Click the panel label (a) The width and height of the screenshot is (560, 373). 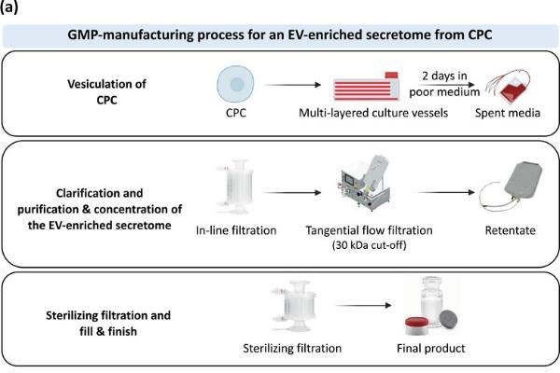pos(8,7)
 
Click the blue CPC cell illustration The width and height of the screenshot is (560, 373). pos(236,84)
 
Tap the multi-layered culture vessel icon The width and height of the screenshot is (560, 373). pos(367,87)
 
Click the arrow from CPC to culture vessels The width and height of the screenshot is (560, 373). pos(292,85)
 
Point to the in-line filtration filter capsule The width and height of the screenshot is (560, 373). pos(237,186)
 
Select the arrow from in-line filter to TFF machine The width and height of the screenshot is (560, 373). pos(292,193)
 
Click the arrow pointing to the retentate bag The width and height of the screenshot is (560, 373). pos(446,193)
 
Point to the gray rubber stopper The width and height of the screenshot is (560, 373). pos(449,319)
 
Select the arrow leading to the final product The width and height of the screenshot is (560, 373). pos(363,306)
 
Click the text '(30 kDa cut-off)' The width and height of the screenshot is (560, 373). pos(370,245)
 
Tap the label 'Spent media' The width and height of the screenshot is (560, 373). pos(508,113)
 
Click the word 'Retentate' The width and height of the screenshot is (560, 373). pos(510,230)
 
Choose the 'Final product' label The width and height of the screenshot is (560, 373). pos(431,348)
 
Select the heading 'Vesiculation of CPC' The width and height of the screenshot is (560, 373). pos(106,91)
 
